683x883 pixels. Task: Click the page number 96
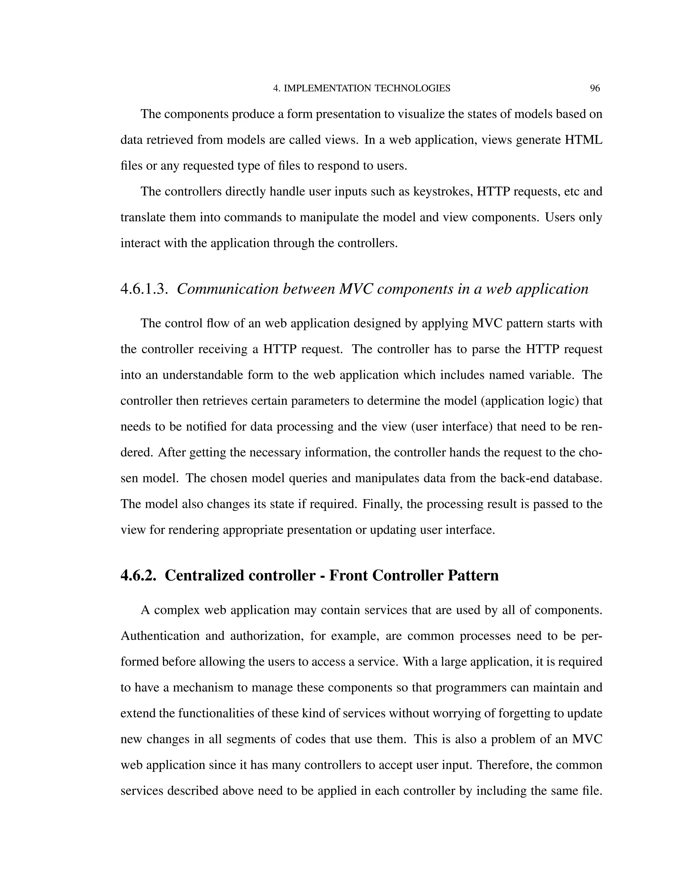click(595, 89)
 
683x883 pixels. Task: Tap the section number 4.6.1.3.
click(144, 290)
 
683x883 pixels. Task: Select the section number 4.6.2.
click(138, 576)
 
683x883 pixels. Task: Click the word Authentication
click(160, 636)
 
